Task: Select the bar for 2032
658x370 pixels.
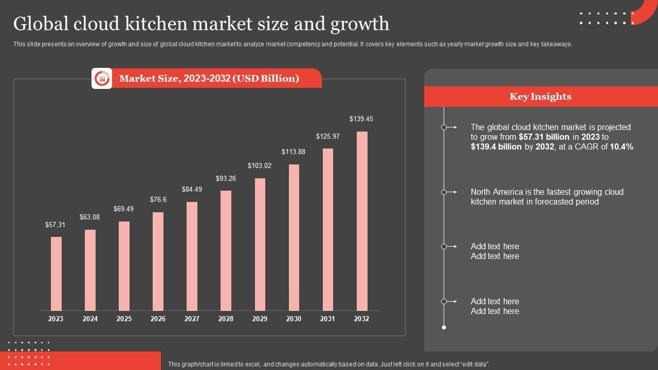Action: [x=362, y=221]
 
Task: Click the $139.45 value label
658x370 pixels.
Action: [x=361, y=119]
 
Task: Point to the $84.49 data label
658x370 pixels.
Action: [x=192, y=189]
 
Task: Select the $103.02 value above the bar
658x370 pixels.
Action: [x=260, y=165]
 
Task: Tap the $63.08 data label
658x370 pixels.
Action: [x=90, y=217]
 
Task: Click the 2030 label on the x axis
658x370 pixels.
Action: [x=294, y=319]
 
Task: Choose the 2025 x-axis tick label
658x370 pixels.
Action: [x=124, y=319]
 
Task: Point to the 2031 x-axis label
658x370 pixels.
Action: [x=327, y=319]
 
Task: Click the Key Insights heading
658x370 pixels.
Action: [x=540, y=97]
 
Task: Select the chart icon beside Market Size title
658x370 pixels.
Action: [x=102, y=79]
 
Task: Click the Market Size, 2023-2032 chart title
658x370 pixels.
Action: [x=209, y=79]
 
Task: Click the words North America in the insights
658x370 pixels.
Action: [x=497, y=192]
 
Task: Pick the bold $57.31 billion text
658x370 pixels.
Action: [x=544, y=137]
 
